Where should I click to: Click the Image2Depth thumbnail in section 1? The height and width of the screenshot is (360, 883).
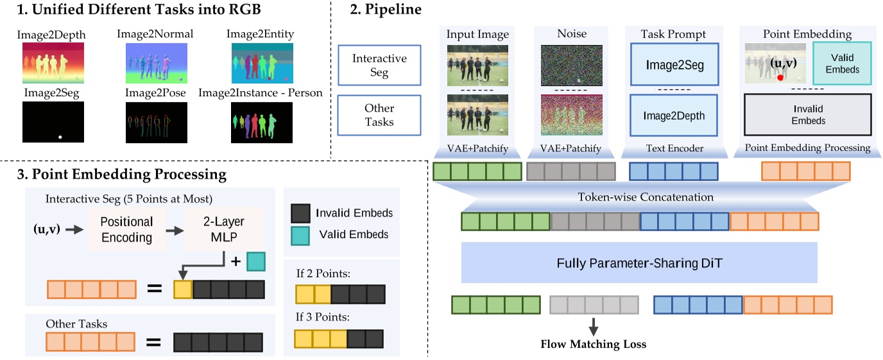click(54, 63)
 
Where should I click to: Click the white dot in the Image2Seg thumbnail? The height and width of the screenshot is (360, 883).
click(60, 137)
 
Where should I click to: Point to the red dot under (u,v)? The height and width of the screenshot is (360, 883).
click(780, 77)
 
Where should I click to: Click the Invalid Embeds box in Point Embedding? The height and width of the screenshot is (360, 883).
click(807, 115)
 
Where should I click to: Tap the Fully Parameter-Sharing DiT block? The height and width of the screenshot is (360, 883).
click(639, 262)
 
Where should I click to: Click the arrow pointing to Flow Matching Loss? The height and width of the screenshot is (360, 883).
click(594, 326)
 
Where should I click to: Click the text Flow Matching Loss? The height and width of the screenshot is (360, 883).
click(594, 345)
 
